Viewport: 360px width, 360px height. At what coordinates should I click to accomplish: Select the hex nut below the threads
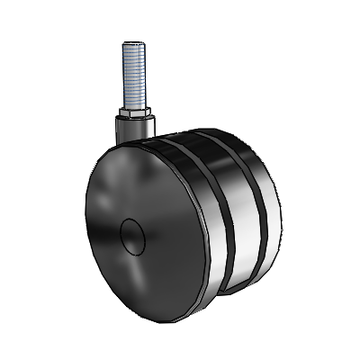(133, 114)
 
